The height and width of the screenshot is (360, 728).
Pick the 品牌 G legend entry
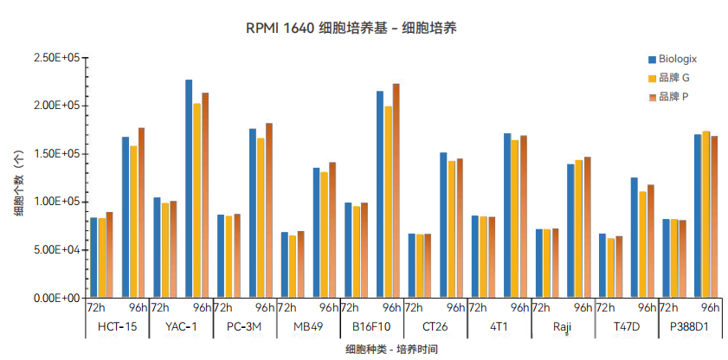673,78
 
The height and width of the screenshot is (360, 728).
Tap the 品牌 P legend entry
673,97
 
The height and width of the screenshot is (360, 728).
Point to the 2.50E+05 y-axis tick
56,58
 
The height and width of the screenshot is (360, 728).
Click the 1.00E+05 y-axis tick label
56,202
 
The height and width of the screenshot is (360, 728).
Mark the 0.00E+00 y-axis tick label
56,298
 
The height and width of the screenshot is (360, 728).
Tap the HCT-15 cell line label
117,326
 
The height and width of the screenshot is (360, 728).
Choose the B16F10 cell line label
371,326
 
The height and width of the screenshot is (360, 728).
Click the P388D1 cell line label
690,326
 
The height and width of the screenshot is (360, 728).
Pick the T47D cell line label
627,326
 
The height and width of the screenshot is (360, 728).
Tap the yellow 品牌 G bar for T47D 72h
611,267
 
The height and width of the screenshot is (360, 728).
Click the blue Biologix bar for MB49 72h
285,265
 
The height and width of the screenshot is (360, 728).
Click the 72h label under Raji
542,307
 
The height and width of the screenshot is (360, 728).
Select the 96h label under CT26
456,307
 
